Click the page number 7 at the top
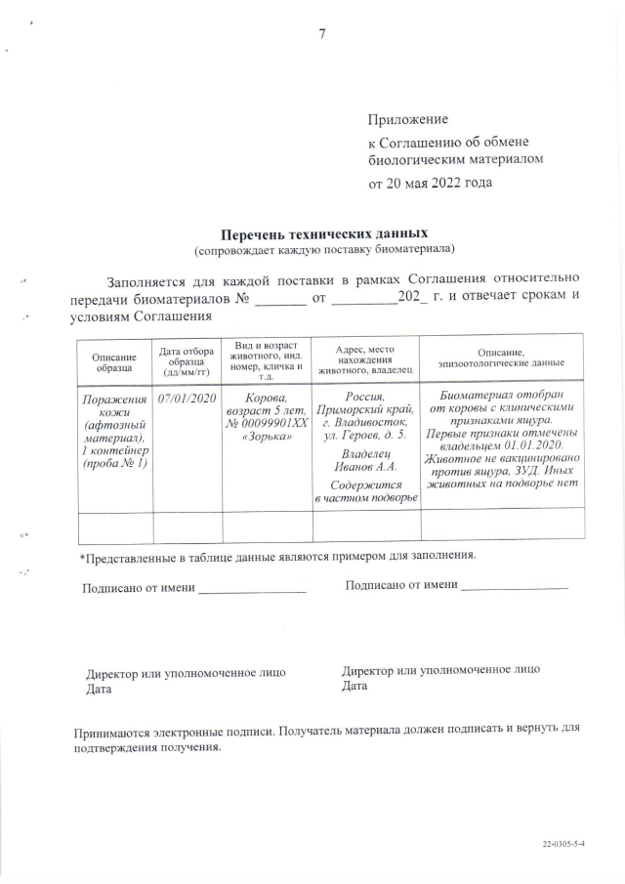321,34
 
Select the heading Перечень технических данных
323,235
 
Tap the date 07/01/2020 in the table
187,399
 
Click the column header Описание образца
114,362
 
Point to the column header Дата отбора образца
187,359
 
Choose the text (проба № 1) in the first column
114,462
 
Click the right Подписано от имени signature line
514,587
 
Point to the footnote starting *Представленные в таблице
277,556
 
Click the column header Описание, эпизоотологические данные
501,358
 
